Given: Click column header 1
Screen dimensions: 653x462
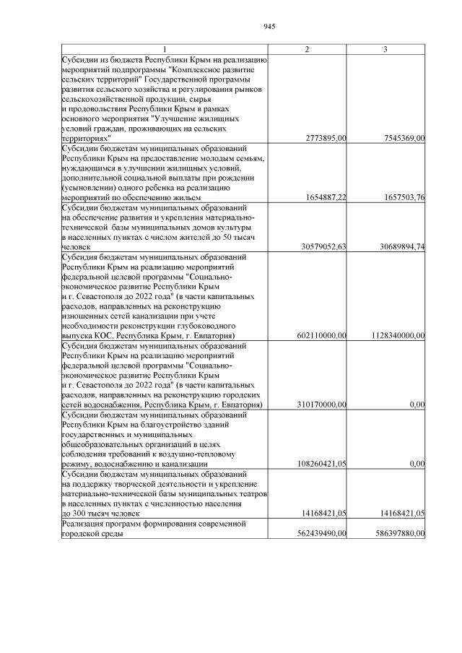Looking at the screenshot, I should [x=164, y=49].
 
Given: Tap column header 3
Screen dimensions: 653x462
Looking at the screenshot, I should [x=386, y=49].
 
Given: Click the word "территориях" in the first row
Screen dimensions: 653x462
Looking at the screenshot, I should [x=86, y=137].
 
